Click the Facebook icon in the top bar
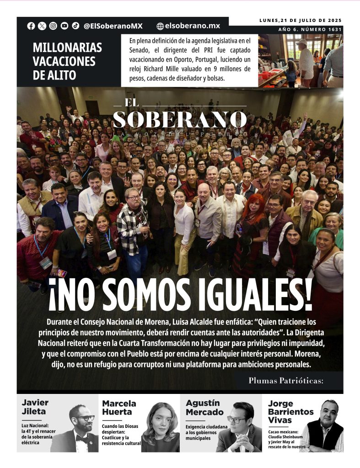[x=31, y=26]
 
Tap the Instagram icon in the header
[x=53, y=26]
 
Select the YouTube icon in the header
[x=64, y=26]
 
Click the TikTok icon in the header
[x=75, y=26]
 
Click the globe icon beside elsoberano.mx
[x=160, y=27]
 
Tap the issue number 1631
[x=333, y=30]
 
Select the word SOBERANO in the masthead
[x=179, y=119]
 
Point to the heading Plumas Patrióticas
[x=286, y=380]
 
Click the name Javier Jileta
[x=35, y=407]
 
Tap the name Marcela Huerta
[x=119, y=408]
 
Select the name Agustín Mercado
[x=203, y=407]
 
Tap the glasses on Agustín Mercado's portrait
[x=236, y=419]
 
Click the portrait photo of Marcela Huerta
[x=160, y=427]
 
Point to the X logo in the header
[x=42, y=26]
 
